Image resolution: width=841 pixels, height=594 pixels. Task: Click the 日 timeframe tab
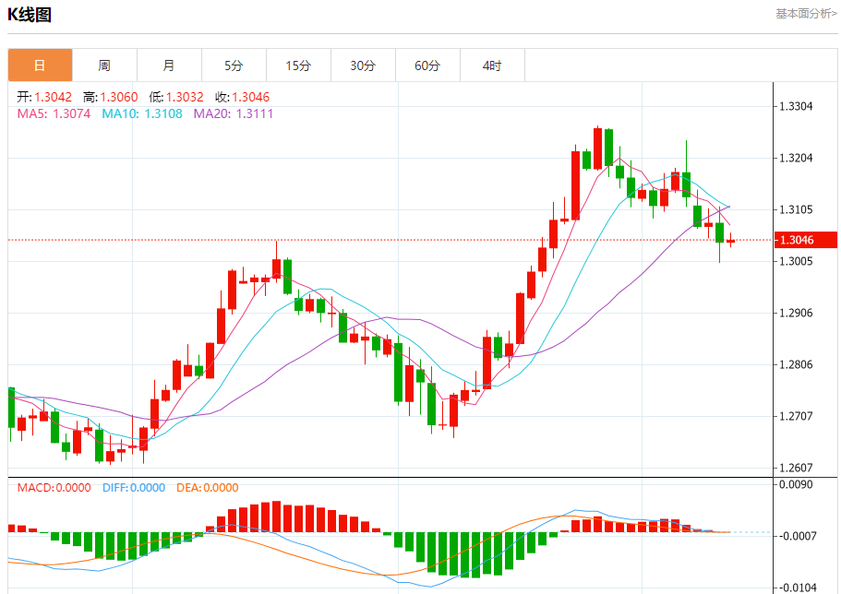40,65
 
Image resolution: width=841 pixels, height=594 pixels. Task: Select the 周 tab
104,65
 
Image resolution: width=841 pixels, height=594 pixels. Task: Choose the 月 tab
169,65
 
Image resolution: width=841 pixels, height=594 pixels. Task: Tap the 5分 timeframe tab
234,65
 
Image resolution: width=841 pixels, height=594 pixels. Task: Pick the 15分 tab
298,65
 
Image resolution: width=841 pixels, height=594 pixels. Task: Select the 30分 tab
363,65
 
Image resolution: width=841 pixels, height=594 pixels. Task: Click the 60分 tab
427,65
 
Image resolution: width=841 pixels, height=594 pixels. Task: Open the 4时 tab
492,65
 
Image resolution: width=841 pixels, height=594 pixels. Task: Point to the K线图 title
30,15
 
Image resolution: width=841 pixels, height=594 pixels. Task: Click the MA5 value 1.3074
72,113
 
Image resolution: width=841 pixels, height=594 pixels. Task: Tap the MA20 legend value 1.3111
255,113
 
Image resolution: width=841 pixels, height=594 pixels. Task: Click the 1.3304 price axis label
796,106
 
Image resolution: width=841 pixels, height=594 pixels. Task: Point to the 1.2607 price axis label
796,468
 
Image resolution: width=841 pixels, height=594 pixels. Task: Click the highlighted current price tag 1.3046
796,240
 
